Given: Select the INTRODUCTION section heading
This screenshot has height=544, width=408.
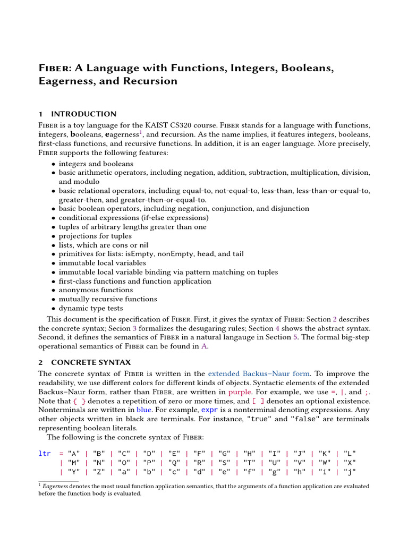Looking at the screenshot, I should pyautogui.click(x=83, y=114).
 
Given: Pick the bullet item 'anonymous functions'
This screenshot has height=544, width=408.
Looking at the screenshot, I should pyautogui.click(x=96, y=290).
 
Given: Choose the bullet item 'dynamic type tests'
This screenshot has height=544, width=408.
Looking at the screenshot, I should pyautogui.click(x=91, y=308).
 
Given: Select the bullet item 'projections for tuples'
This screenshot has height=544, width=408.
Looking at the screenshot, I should pyautogui.click(x=95, y=236).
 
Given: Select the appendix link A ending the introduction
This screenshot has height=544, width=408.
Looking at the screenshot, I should pyautogui.click(x=203, y=346).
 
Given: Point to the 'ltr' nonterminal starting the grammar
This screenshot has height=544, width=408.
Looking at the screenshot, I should pyautogui.click(x=45, y=453).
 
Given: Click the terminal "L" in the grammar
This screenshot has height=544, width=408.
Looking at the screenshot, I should pyautogui.click(x=350, y=453).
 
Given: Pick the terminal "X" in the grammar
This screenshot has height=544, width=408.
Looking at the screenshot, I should pyautogui.click(x=350, y=462).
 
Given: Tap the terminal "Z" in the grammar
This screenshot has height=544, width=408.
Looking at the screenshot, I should pyautogui.click(x=99, y=471).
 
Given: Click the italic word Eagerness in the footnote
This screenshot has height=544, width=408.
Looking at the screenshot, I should pyautogui.click(x=57, y=486).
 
